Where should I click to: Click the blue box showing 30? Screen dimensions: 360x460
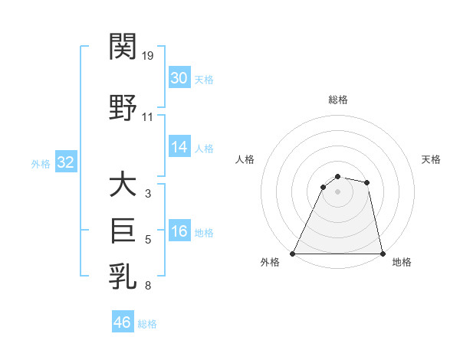(179, 78)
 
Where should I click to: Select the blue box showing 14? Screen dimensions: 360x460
(179, 148)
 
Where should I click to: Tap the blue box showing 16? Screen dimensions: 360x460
(179, 232)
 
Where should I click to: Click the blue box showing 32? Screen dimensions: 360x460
(64, 162)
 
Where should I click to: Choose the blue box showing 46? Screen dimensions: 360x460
(123, 322)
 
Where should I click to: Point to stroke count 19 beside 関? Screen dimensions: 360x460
(148, 55)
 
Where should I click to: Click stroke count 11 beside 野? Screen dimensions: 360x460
(148, 117)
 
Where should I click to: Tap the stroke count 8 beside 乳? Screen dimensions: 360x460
(148, 285)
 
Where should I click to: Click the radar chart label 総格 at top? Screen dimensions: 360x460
(338, 100)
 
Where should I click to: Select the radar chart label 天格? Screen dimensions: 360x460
(432, 159)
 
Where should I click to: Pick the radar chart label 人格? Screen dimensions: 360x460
(245, 159)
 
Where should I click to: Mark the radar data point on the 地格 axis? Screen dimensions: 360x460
(382, 253)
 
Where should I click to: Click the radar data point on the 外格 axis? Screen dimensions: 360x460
(294, 253)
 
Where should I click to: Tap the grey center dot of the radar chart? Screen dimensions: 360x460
(337, 191)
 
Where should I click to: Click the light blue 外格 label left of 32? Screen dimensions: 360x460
(41, 163)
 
